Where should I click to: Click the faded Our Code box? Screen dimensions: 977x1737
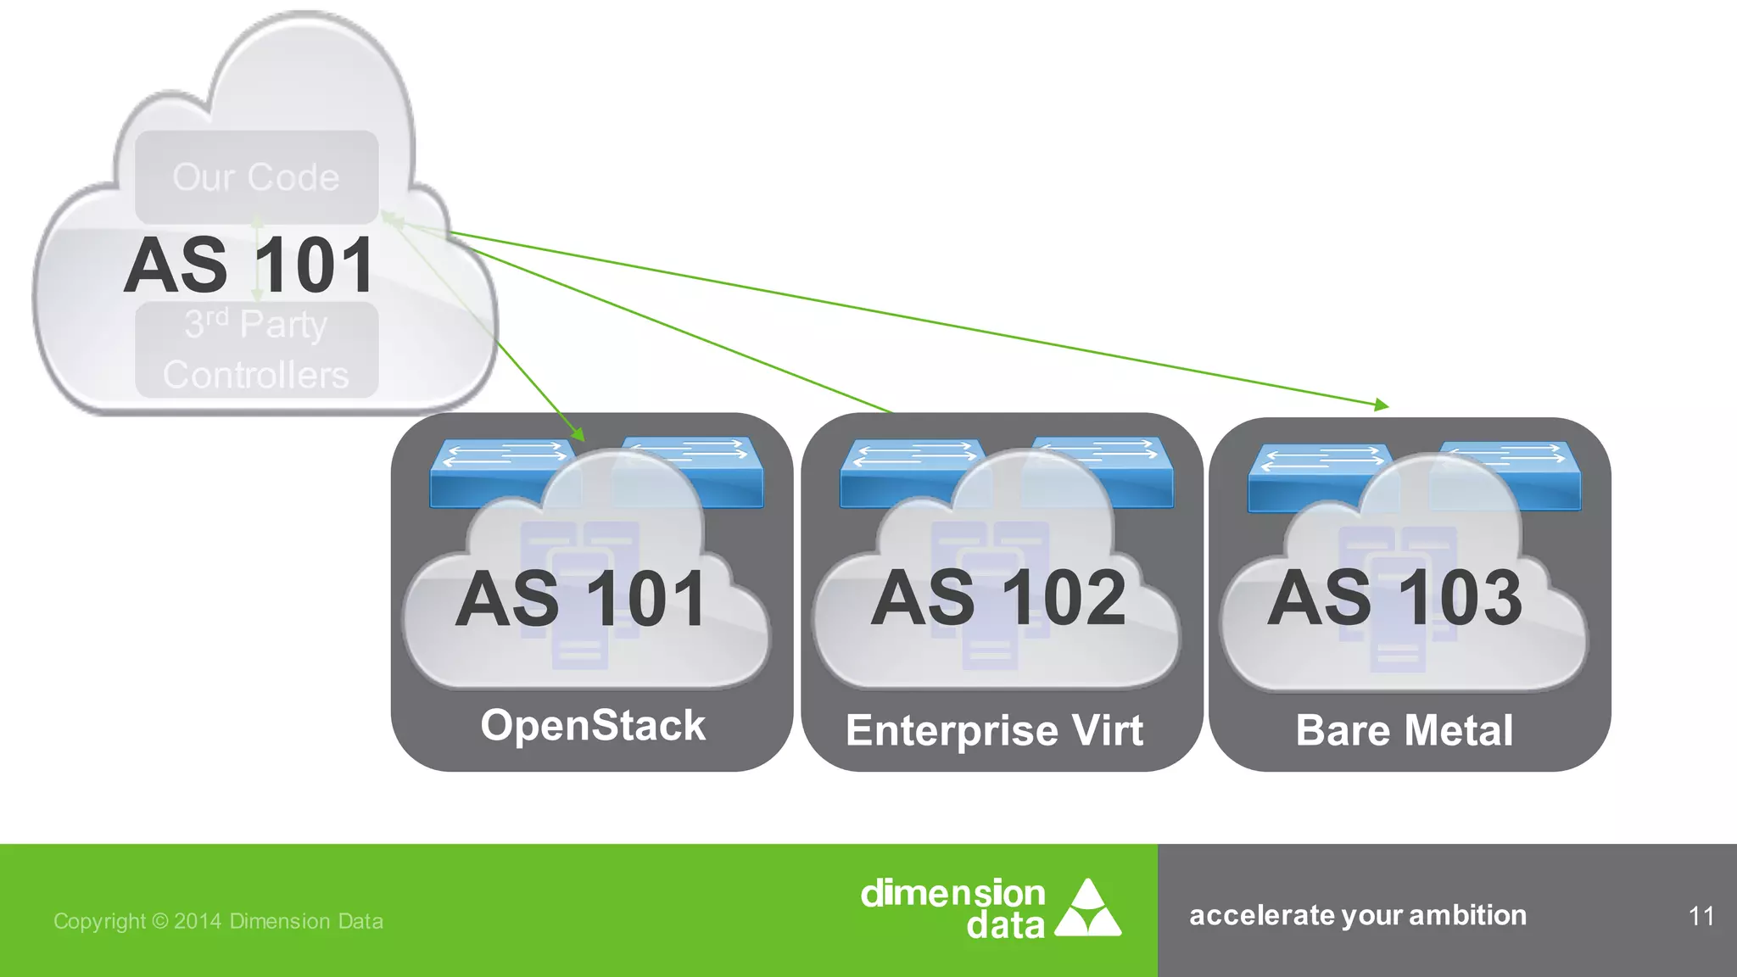click(256, 177)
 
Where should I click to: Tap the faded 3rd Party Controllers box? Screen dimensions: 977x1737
click(256, 349)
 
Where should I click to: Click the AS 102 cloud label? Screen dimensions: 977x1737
click(998, 599)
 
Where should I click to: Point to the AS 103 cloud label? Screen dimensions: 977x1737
click(1394, 599)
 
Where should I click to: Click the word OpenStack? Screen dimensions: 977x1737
click(592, 726)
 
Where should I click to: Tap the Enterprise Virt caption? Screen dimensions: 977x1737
click(994, 731)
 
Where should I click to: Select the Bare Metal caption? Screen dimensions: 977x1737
click(1404, 731)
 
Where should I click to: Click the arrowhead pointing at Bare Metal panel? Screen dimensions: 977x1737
click(1382, 405)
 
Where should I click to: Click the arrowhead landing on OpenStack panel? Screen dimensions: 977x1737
click(578, 434)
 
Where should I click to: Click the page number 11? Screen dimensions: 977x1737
click(1701, 917)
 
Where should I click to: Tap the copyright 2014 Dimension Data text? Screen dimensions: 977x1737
click(218, 921)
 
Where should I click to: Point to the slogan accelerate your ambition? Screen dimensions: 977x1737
click(1357, 916)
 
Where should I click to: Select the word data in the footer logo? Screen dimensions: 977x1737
click(1005, 925)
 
